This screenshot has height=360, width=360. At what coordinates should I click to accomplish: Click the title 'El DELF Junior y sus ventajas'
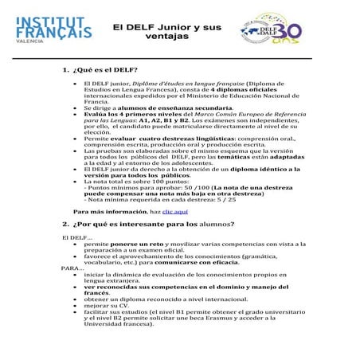[166, 31]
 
